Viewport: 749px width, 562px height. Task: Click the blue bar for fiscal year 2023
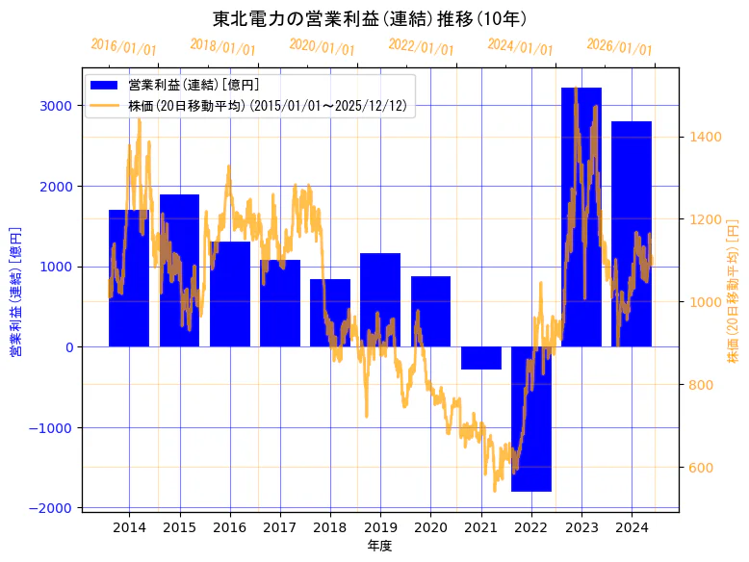click(581, 217)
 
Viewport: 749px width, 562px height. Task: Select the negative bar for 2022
click(530, 419)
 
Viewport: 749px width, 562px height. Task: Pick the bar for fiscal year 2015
click(179, 270)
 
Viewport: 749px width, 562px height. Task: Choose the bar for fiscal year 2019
click(380, 299)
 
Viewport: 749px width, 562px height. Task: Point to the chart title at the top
click(370, 18)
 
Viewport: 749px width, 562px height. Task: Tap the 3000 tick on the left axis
click(59, 106)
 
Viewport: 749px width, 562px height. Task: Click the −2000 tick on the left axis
click(54, 508)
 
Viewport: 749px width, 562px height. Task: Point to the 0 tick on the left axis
click(69, 347)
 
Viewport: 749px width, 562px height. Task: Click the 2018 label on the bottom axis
click(330, 527)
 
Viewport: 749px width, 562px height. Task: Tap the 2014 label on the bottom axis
click(129, 527)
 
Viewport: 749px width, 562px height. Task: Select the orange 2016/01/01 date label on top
click(123, 47)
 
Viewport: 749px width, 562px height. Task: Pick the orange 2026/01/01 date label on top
click(619, 47)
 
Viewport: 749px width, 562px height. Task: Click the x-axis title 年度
click(380, 547)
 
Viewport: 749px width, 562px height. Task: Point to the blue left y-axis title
click(15, 292)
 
